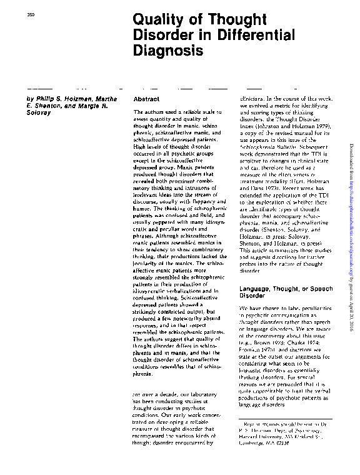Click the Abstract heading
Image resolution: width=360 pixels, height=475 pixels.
point(148,99)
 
